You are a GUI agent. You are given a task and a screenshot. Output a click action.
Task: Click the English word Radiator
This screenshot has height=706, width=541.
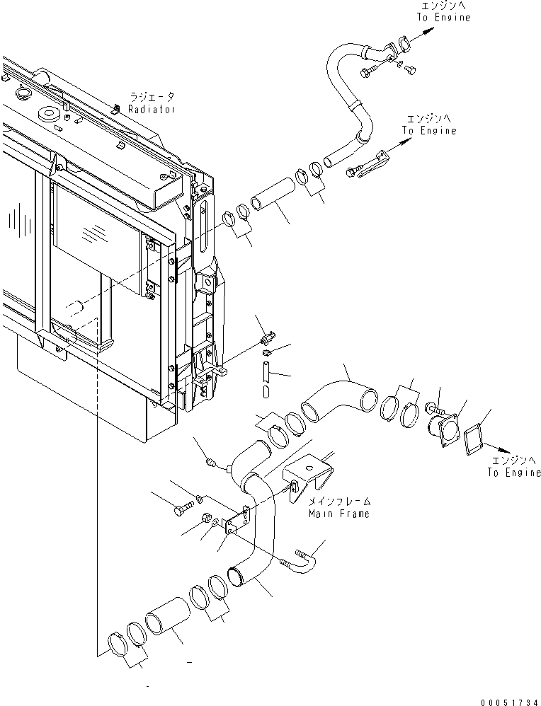click(152, 109)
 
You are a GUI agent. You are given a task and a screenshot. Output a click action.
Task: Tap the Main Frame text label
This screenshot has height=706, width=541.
click(338, 514)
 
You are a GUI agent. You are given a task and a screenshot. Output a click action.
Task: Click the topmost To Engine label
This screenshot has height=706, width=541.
click(443, 18)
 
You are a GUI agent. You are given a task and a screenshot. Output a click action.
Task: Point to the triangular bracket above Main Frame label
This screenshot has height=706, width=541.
click(306, 475)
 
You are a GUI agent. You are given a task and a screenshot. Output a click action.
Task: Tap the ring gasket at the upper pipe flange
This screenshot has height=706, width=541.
click(402, 45)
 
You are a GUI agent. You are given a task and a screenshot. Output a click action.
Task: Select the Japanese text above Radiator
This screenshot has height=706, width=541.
click(152, 97)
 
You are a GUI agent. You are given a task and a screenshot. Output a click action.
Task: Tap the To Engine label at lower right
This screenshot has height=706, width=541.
click(513, 473)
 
